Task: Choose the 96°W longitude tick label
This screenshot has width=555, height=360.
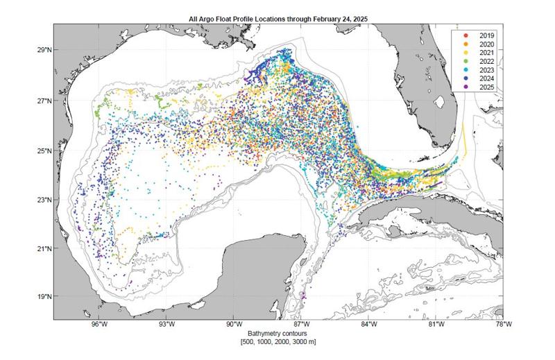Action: [x=99, y=325]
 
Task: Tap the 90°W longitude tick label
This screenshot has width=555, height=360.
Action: [x=234, y=325]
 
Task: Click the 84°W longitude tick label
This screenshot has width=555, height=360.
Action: [x=368, y=325]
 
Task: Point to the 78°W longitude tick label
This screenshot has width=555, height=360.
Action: [x=503, y=325]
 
